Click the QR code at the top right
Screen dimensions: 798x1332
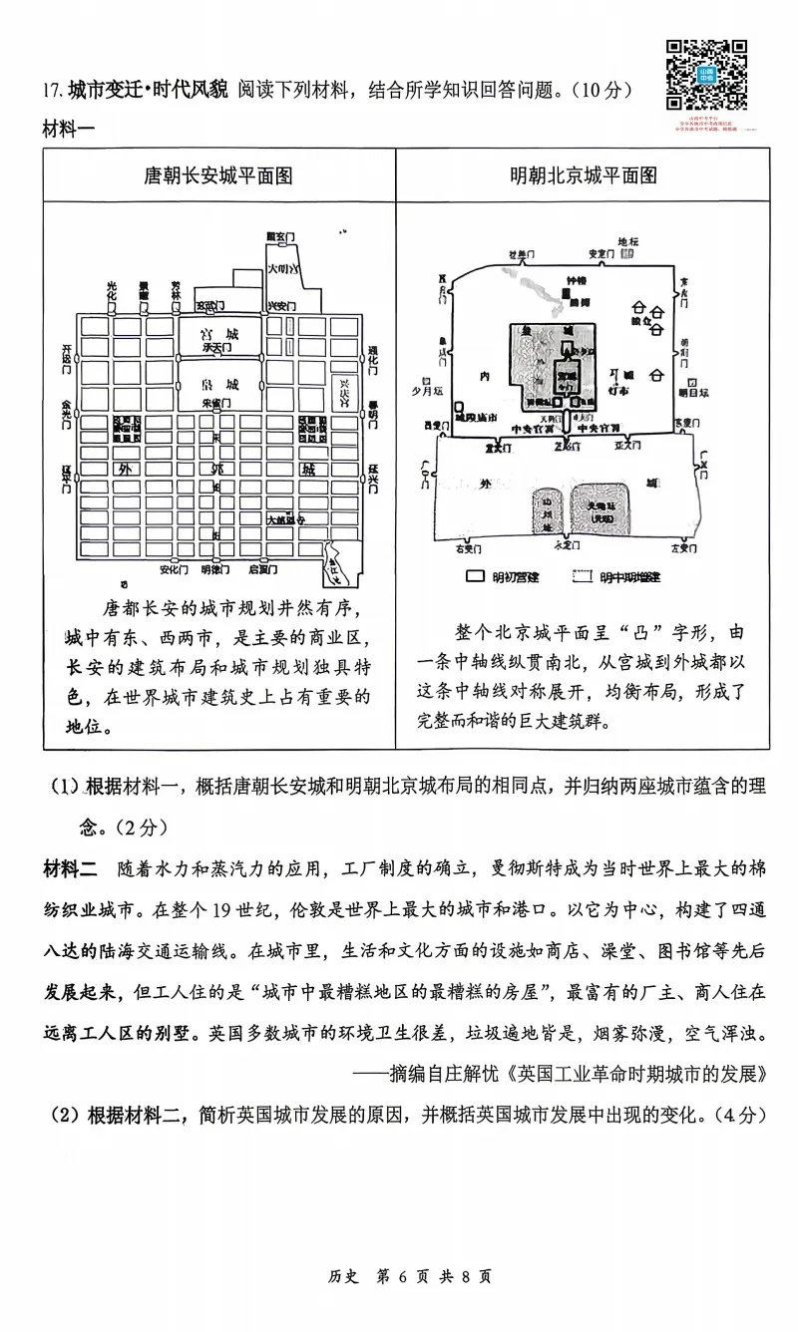tap(706, 75)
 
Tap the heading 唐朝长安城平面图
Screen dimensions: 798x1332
tap(218, 175)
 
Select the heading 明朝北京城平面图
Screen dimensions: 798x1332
tap(584, 175)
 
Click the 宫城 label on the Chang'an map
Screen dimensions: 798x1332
tap(218, 333)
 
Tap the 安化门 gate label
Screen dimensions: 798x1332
tap(174, 570)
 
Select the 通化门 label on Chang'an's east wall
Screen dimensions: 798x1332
tap(373, 356)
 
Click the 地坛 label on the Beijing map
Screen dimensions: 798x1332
tap(626, 241)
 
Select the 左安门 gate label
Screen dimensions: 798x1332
tap(682, 548)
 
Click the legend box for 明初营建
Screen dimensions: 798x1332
tap(476, 577)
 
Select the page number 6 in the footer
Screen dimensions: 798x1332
tap(405, 1275)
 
